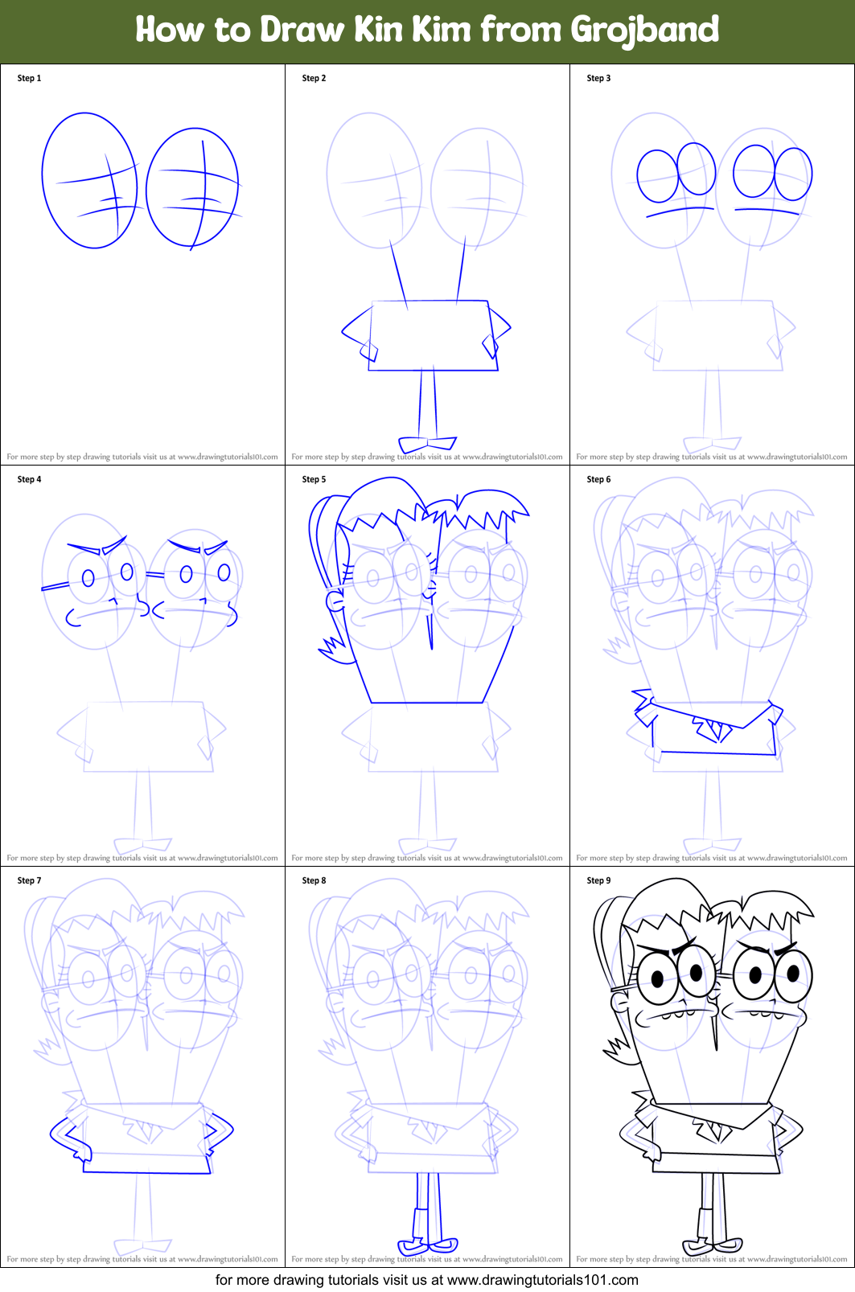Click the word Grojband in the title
pos(644,31)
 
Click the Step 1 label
pos(29,78)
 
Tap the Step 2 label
pos(314,78)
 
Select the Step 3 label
pos(598,78)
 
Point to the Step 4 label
pos(29,479)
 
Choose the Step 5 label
pos(314,479)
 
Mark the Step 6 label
pos(598,479)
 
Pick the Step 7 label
pos(29,880)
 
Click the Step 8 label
pos(314,880)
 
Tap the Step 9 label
pos(598,880)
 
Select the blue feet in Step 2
pos(427,444)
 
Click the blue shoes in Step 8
pos(428,1245)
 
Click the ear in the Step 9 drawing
pos(620,1002)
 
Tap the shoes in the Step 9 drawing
pos(713,1245)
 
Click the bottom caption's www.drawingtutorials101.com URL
pos(542,1280)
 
